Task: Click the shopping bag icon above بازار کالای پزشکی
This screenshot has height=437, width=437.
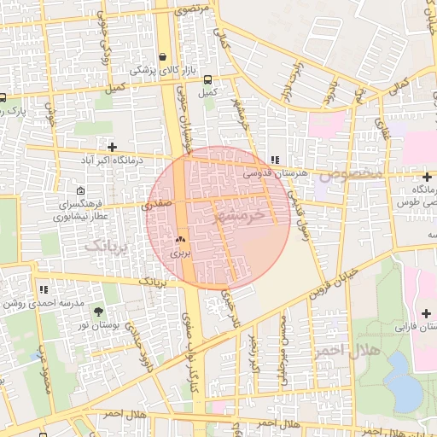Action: [x=162, y=57]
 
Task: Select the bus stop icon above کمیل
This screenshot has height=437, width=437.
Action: [x=208, y=79]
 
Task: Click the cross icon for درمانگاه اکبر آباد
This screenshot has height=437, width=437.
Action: [x=112, y=147]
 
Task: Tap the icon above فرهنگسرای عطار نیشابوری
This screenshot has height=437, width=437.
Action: [x=80, y=191]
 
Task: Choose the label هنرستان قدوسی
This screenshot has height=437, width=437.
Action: [x=273, y=173]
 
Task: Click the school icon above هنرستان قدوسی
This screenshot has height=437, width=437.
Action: [x=274, y=160]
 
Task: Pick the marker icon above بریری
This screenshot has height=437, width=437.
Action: [x=180, y=241]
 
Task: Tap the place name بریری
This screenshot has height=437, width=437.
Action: [x=180, y=253]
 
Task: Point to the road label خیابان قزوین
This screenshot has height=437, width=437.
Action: [x=348, y=274]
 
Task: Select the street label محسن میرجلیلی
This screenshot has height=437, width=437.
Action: [x=284, y=337]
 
